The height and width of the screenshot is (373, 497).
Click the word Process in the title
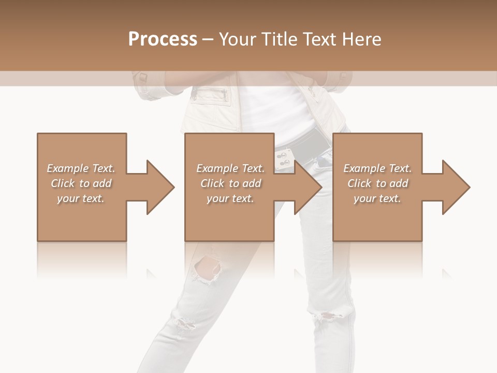163,39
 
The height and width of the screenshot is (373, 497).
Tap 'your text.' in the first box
80,198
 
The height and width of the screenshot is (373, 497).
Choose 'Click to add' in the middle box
230,183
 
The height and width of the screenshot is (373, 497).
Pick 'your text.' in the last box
377,198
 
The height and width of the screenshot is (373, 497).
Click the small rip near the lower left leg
183,323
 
